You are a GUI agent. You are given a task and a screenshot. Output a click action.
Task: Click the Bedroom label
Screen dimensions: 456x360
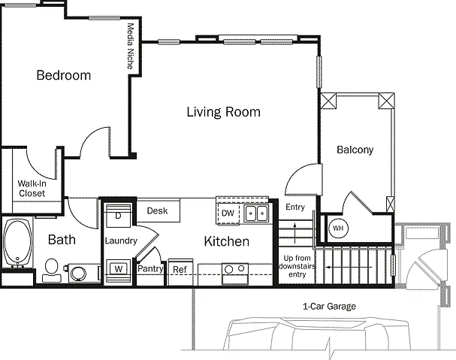click(64, 75)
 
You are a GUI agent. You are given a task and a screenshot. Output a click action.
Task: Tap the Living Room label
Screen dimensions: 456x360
click(223, 112)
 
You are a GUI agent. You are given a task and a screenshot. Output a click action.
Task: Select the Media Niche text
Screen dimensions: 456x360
click(131, 47)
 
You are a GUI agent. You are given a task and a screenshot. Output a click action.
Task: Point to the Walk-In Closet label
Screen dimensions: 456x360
click(32, 189)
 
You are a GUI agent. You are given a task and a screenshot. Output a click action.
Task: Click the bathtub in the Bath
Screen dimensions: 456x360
click(18, 243)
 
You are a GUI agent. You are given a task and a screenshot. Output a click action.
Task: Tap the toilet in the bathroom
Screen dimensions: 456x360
click(52, 271)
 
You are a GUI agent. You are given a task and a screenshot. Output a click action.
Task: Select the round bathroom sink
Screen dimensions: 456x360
click(79, 274)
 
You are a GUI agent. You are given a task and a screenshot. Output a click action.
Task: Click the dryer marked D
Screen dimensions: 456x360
click(118, 216)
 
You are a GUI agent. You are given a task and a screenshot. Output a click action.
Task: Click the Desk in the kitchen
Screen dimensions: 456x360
click(158, 210)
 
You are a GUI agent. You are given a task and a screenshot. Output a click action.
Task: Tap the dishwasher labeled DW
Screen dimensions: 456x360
click(228, 213)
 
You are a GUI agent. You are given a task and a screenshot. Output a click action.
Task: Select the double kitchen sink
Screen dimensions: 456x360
click(256, 213)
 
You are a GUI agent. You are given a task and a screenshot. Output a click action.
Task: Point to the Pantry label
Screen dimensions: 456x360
click(150, 268)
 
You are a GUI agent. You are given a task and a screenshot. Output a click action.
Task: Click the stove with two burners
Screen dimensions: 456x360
click(235, 274)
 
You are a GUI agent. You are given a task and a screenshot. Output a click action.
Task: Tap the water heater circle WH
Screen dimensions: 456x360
click(338, 228)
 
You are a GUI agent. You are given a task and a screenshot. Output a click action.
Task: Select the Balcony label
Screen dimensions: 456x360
click(355, 150)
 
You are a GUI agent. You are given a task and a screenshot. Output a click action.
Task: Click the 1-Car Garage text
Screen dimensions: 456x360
click(329, 307)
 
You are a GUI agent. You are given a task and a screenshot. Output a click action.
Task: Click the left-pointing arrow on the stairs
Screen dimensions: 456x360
click(349, 267)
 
